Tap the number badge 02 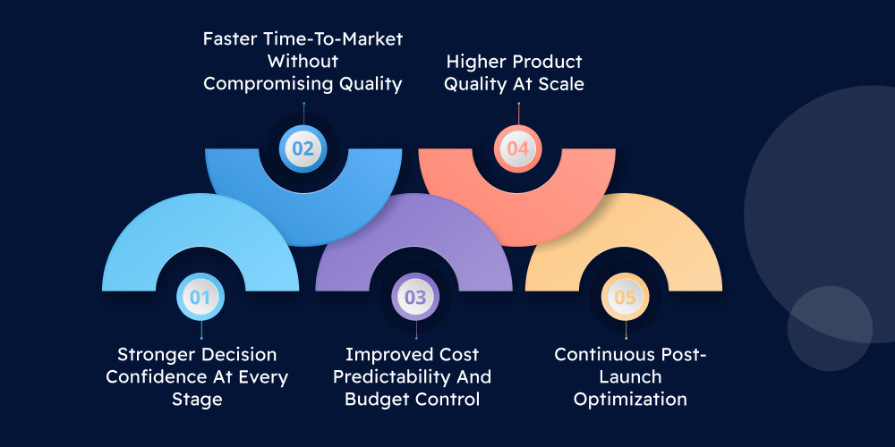303,148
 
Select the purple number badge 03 414,298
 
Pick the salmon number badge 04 518,148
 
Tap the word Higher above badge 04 475,62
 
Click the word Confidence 151,376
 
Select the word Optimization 630,399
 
